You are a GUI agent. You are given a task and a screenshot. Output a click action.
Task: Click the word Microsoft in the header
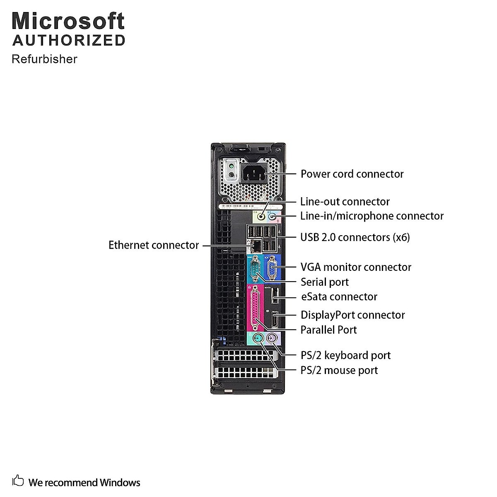[x=68, y=21]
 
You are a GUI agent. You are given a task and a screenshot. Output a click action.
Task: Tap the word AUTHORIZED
[x=69, y=40]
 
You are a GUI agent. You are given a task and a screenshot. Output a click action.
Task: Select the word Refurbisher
[x=44, y=59]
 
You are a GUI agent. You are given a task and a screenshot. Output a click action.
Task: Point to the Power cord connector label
[x=352, y=174]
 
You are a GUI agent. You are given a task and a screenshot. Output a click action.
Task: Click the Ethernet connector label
[x=154, y=245]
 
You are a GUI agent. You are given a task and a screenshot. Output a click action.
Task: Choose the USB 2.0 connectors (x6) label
[x=355, y=237]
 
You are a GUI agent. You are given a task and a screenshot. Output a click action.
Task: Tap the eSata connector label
[x=339, y=297]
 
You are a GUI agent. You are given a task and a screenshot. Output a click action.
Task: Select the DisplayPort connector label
[x=352, y=315]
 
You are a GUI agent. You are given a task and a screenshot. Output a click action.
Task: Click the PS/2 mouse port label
[x=339, y=370]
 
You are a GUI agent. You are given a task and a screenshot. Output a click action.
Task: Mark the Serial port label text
[x=324, y=282]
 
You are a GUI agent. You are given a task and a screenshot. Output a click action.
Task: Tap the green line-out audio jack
[x=261, y=216]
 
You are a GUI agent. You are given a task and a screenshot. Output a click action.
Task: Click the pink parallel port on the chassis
[x=255, y=307]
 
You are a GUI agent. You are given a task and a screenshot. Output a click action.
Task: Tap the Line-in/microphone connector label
[x=372, y=216]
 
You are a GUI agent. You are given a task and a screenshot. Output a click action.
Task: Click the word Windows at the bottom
[x=120, y=483]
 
